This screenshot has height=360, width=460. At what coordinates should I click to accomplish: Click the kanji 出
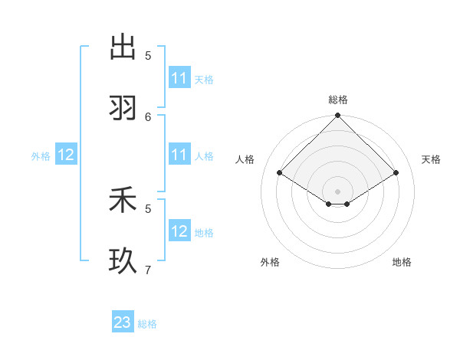click(123, 47)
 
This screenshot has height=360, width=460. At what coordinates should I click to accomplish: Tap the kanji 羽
click(123, 108)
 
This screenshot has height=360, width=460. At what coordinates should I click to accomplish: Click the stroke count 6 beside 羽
click(148, 116)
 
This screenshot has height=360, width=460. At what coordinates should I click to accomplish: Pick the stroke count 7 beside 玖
click(148, 270)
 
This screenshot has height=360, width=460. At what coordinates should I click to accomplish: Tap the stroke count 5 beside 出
click(148, 55)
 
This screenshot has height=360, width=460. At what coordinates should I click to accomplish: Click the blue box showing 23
click(123, 322)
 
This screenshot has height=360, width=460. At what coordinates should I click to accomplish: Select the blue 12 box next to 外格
click(66, 155)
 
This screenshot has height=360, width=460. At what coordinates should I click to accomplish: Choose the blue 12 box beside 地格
click(179, 231)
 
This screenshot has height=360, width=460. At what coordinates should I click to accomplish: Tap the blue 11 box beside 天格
click(179, 78)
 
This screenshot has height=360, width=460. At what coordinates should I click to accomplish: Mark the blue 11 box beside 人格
click(179, 155)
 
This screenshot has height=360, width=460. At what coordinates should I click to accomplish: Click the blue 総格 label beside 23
click(147, 324)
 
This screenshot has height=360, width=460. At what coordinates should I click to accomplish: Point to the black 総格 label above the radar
click(338, 100)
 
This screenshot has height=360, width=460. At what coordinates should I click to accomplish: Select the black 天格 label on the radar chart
click(431, 159)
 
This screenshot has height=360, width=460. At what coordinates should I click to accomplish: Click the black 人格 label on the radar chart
click(245, 159)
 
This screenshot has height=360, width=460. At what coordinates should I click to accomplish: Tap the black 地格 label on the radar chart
click(402, 262)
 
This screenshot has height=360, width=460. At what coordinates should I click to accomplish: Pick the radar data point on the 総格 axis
click(338, 116)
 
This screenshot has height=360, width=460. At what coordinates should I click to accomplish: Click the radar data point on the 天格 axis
click(396, 173)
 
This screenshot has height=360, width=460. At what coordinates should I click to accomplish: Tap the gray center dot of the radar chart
click(338, 191)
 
